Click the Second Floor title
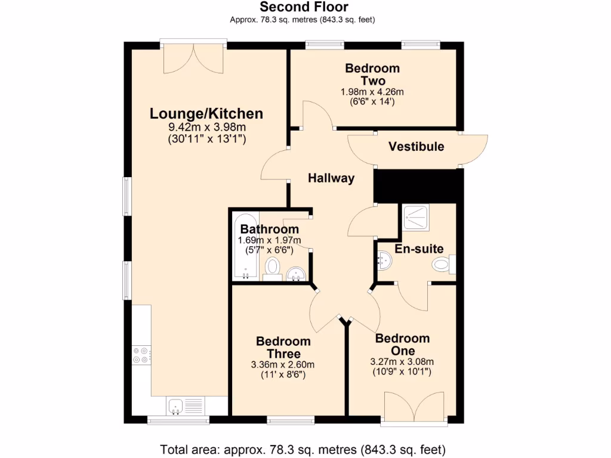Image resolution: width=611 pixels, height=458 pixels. pos(304,7)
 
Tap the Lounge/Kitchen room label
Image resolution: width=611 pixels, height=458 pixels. pos(206,113)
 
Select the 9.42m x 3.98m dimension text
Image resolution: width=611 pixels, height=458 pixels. pos(206,127)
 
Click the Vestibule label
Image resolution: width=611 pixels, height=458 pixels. pos(416,147)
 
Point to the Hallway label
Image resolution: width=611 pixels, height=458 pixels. pos(331,178)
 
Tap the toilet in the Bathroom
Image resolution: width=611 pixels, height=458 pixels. pos(273,268)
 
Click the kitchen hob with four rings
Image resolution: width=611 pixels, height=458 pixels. pos(141,355)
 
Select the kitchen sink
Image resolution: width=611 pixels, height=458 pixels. pos(177,406)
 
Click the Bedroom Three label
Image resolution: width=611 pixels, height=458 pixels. pos(283,347)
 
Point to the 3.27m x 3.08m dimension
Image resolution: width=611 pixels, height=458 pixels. pos(402,361)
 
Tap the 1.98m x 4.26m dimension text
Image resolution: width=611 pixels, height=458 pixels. pos(372,92)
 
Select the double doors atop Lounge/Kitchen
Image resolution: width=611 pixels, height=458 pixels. pos(193,56)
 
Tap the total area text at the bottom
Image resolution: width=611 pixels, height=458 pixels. pos(303,448)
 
